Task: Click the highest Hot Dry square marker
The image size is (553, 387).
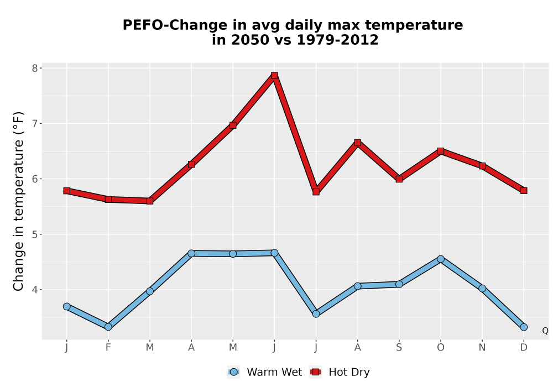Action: pos(274,75)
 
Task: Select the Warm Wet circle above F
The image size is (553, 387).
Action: pos(108,327)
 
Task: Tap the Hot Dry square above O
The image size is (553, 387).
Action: pos(441,151)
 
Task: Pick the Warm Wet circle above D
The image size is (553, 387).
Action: pos(524,327)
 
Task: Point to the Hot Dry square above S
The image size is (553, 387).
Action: pos(399,179)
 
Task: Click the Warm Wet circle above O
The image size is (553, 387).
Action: pos(441,259)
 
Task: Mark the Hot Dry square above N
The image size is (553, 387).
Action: pos(482,166)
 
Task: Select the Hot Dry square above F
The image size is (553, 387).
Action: pos(108,199)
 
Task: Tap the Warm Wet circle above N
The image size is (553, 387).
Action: pos(482,288)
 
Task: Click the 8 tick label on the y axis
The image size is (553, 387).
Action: pos(34,68)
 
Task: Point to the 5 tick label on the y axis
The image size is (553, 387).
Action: pos(34,234)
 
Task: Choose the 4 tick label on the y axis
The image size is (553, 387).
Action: pos(34,290)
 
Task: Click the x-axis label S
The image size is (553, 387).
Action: pos(399,348)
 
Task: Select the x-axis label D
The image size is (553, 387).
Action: pos(524,348)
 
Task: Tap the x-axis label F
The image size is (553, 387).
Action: pos(108,348)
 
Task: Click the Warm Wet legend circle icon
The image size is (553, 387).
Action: pos(233,372)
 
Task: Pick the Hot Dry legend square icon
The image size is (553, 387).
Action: pos(316,372)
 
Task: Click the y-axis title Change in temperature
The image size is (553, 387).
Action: pos(18,201)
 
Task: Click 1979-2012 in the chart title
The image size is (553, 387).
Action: pos(337,40)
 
